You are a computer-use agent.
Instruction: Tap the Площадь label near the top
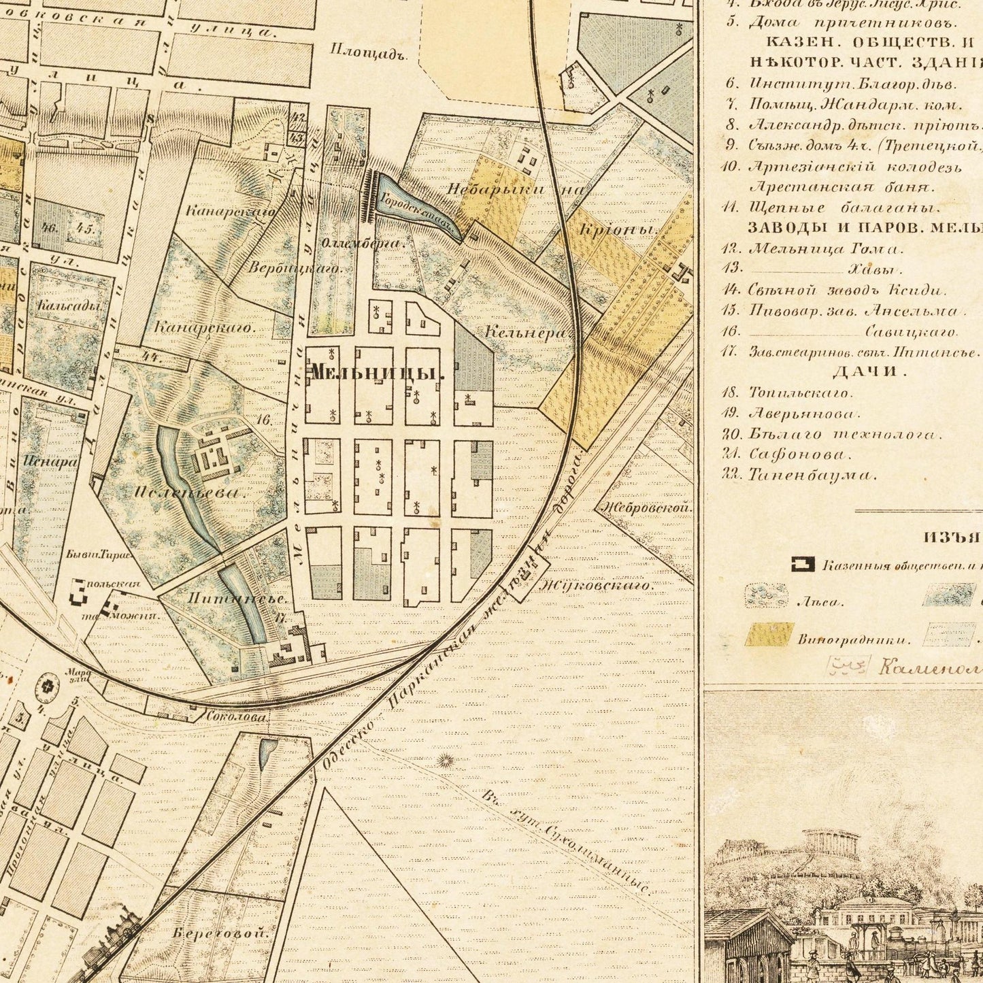(x=367, y=52)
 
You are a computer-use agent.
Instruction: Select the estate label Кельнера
(x=527, y=333)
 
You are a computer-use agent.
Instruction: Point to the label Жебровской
(x=644, y=507)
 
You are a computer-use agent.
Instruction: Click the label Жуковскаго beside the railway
(x=595, y=585)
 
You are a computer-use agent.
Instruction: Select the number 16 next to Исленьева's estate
(x=265, y=420)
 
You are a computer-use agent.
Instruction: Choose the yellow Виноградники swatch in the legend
(x=769, y=635)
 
